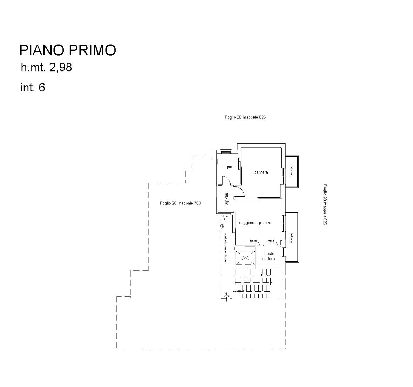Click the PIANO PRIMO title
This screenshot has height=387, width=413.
tap(67, 50)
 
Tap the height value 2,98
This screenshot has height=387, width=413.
tap(60, 67)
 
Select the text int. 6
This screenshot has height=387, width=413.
tap(33, 87)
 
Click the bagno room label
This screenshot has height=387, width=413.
tap(226, 167)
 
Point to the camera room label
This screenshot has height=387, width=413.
tap(261, 172)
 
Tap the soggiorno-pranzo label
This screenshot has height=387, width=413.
tap(255, 223)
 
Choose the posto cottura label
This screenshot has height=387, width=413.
tap(269, 256)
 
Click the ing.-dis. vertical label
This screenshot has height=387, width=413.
tap(227, 198)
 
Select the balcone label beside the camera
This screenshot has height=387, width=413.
tap(291, 171)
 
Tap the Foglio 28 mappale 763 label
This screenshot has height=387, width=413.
tap(180, 203)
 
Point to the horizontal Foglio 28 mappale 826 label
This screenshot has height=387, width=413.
tap(245, 117)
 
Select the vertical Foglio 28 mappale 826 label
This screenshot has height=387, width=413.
tap(325, 205)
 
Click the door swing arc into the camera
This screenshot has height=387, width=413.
tap(239, 191)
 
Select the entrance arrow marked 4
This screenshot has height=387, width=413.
tap(227, 296)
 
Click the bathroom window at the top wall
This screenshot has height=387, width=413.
tap(225, 152)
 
